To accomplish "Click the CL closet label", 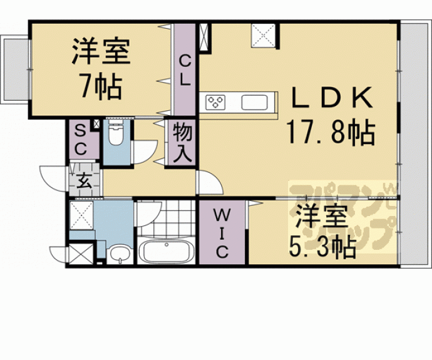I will (186, 69).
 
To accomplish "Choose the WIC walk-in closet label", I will (222, 234).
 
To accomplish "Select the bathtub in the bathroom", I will (165, 252).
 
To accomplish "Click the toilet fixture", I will (116, 135).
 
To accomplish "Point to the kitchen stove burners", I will (217, 101).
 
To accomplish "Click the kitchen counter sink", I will (255, 101).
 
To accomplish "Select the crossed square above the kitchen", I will (264, 35).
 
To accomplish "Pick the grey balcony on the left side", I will (15, 69).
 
